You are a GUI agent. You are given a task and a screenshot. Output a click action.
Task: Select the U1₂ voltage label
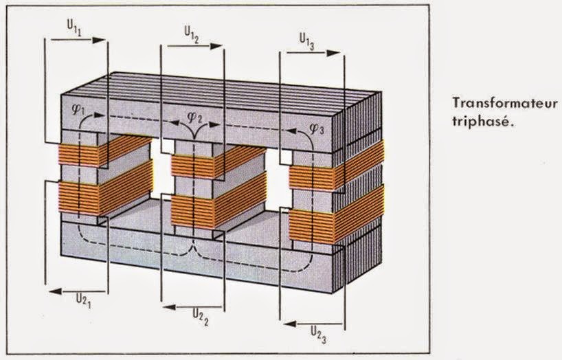pyautogui.click(x=192, y=34)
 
